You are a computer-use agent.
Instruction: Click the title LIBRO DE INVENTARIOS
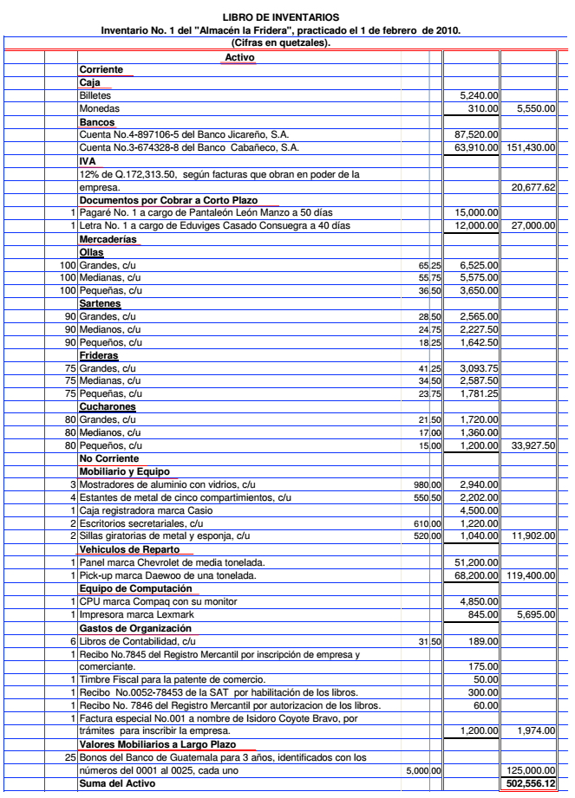pos(281,17)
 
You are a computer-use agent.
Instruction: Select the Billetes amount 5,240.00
pos(479,96)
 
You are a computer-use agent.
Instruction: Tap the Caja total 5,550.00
pos(535,109)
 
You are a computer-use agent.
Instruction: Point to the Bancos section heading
pos(96,122)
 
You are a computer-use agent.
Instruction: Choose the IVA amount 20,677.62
pos(534,187)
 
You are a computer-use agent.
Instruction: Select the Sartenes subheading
pos(100,304)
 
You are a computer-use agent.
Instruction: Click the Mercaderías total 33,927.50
pos(534,446)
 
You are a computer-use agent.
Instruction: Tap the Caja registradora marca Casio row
pos(140,510)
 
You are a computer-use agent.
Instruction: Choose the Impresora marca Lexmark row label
pos(140,614)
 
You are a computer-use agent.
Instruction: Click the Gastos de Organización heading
pos(134,627)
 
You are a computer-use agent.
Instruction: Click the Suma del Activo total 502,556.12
pos(531,783)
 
